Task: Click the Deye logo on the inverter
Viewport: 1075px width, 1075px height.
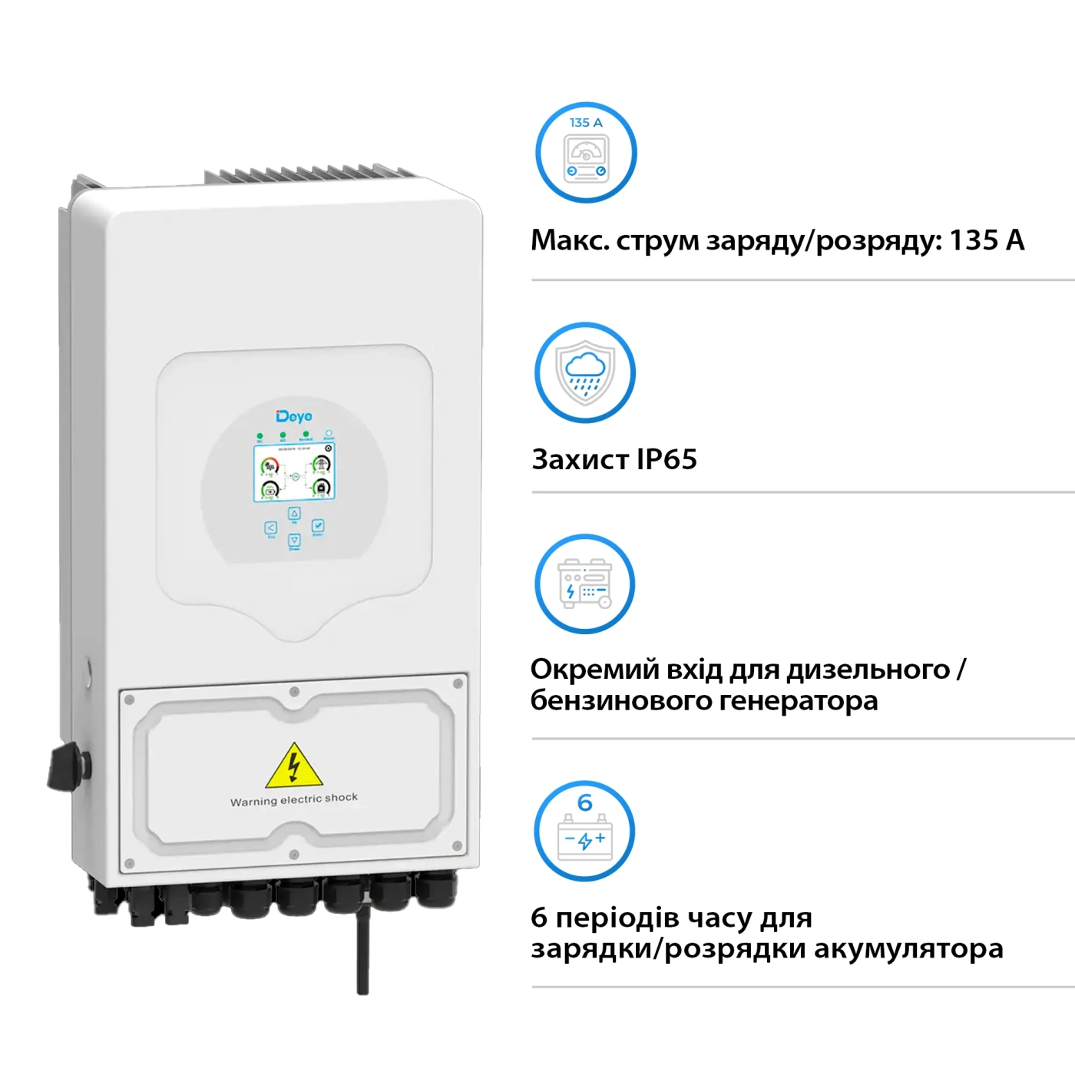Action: [x=294, y=416]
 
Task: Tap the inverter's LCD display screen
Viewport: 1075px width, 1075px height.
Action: [x=294, y=473]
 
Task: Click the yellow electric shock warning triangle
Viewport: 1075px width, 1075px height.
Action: [x=293, y=766]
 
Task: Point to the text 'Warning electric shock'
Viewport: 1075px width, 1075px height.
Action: [x=294, y=799]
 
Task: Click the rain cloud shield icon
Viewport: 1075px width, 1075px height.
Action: [x=585, y=372]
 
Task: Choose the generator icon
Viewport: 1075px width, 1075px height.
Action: [x=585, y=584]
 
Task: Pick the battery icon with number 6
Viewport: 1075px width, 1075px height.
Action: [x=584, y=831]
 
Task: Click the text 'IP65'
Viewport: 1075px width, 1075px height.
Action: [x=666, y=459]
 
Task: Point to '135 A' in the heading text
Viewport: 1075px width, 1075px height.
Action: [x=987, y=240]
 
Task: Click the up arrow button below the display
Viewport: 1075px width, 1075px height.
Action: [x=294, y=514]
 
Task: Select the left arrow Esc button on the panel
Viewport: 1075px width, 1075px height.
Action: [x=270, y=528]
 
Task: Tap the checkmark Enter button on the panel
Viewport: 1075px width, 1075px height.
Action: [x=318, y=526]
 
